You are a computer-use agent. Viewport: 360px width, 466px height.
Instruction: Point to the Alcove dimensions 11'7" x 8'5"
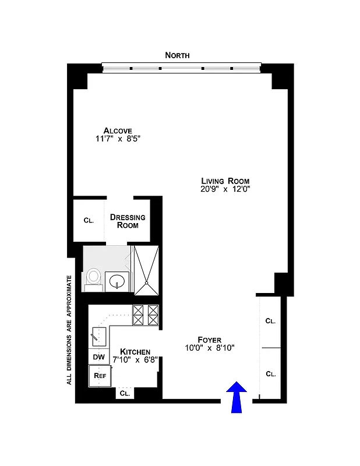(x=118, y=139)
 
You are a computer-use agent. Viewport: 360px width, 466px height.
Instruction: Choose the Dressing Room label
(x=128, y=221)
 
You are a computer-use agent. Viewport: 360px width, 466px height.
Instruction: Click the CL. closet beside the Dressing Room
(x=89, y=220)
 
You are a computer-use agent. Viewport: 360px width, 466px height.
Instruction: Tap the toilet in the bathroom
(x=93, y=278)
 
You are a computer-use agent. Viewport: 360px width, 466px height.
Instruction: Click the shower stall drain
(x=147, y=284)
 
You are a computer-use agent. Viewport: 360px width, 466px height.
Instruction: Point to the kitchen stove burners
(x=146, y=315)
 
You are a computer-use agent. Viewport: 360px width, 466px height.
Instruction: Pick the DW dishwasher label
(x=98, y=356)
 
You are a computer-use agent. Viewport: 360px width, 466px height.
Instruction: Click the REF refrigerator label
(x=98, y=376)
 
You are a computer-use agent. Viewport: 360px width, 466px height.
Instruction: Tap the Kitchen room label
(x=135, y=352)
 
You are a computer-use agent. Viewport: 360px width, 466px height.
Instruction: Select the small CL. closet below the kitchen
(x=125, y=394)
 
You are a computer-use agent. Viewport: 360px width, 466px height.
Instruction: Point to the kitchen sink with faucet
(x=98, y=335)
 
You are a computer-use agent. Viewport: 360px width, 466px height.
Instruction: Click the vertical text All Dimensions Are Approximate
(x=69, y=329)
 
